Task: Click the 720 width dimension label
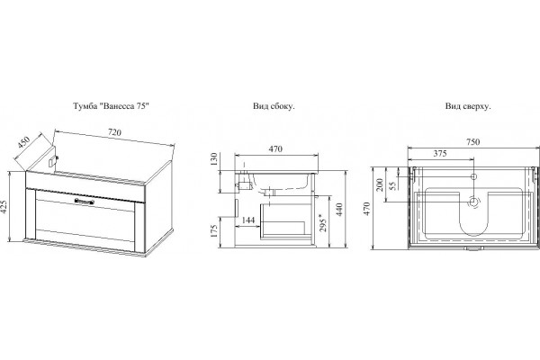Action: [x=114, y=132]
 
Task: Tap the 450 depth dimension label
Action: [x=24, y=142]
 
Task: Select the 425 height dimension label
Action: [x=4, y=207]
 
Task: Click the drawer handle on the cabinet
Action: [x=84, y=201]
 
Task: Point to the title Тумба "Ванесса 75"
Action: [x=112, y=106]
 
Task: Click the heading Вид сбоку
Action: [x=274, y=106]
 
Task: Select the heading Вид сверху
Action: [x=468, y=106]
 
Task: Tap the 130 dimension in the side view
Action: [x=214, y=159]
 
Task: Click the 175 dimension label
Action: [x=214, y=230]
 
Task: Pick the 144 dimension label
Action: [x=248, y=220]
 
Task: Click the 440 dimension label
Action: [x=339, y=210]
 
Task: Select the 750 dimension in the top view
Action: [x=472, y=141]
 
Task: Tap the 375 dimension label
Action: [x=440, y=153]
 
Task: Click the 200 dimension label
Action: [x=380, y=184]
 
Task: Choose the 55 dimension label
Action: [x=392, y=185]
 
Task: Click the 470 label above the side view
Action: [x=275, y=148]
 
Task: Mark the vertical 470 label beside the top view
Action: [x=366, y=209]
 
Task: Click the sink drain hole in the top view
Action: [x=474, y=202]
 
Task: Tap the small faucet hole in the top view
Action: [x=474, y=176]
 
